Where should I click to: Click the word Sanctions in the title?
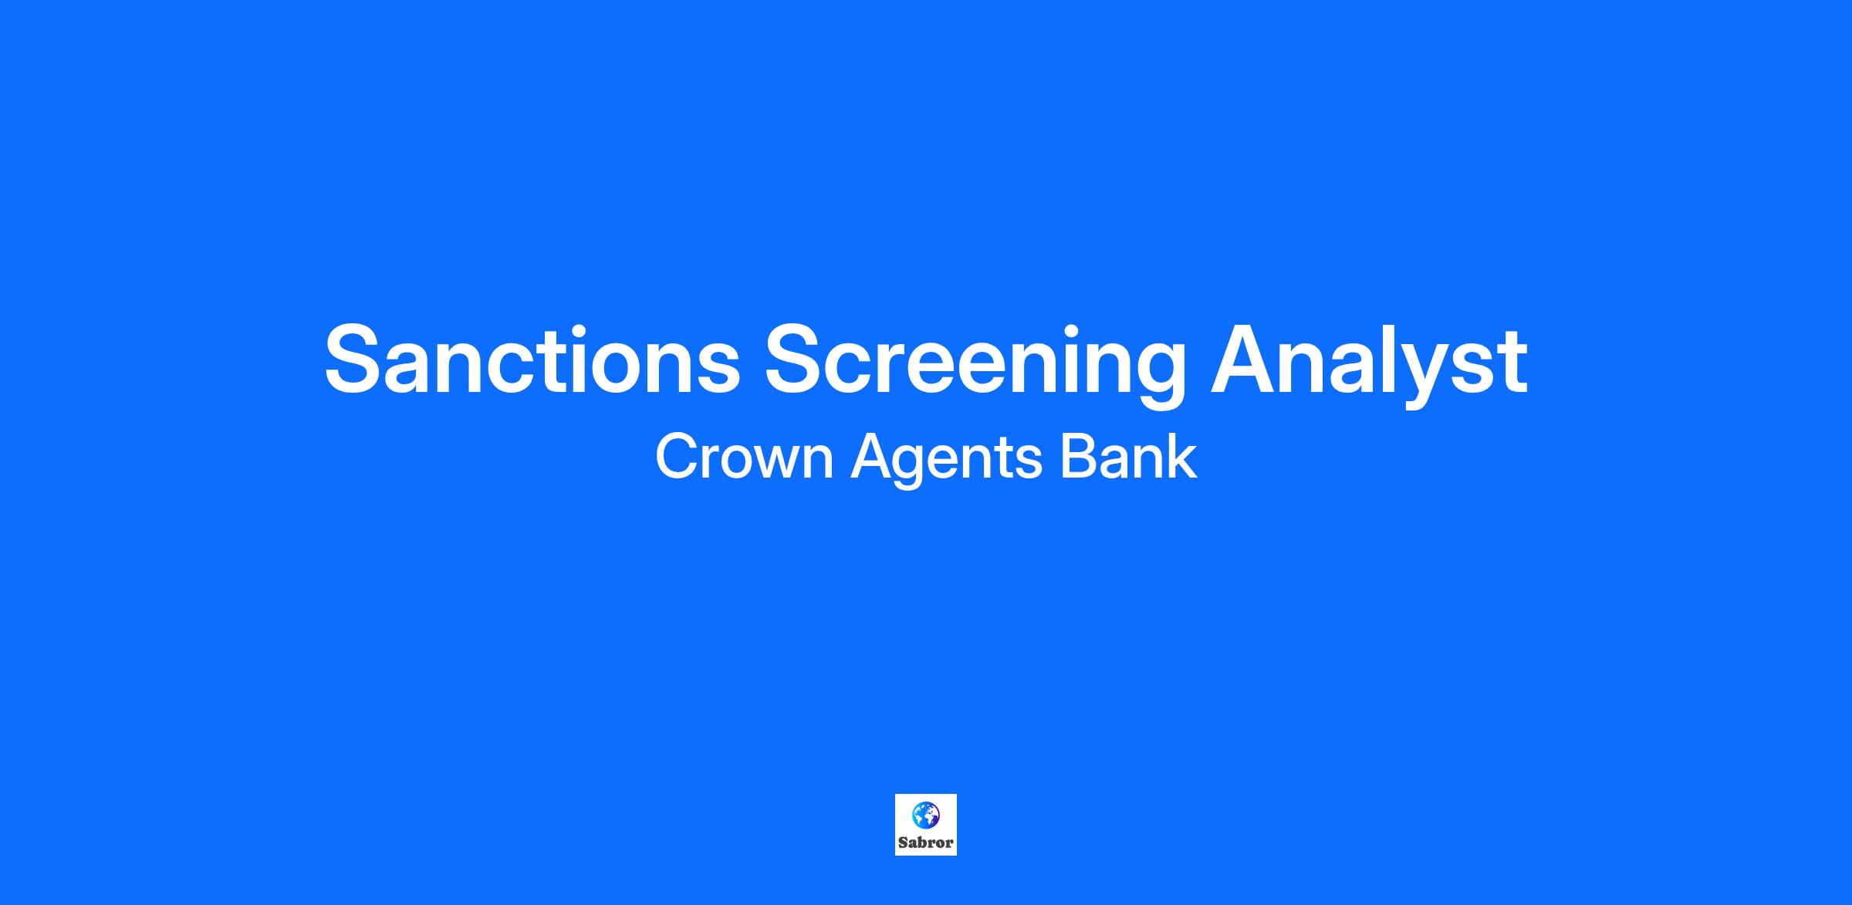click(532, 360)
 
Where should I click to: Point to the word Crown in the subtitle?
click(745, 457)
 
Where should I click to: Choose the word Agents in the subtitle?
click(947, 461)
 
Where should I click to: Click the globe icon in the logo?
click(925, 815)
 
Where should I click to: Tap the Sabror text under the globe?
click(926, 843)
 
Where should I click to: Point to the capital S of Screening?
click(796, 360)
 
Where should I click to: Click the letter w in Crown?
click(774, 463)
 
